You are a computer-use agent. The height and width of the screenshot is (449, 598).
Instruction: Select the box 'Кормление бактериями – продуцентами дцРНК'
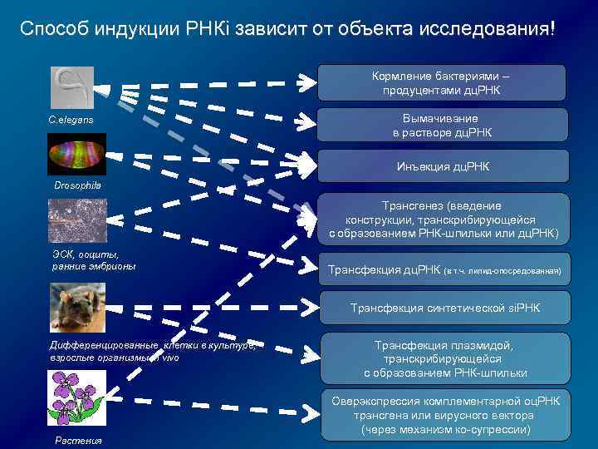[442, 83]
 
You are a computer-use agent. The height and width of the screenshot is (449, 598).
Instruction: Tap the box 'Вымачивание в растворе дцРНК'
[442, 126]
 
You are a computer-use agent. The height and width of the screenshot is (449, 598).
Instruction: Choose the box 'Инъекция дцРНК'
[442, 167]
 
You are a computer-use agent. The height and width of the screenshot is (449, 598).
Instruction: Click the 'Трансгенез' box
[442, 218]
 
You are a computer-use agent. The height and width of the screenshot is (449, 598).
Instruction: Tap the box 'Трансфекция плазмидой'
[443, 358]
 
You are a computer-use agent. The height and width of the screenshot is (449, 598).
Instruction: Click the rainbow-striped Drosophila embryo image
[76, 154]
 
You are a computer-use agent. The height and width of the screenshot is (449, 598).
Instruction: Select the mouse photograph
[76, 305]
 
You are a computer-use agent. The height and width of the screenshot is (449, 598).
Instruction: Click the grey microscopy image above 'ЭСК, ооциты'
[76, 220]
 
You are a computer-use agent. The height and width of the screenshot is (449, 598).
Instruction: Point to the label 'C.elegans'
[71, 121]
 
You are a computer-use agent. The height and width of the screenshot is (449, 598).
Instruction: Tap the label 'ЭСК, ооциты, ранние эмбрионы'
[91, 260]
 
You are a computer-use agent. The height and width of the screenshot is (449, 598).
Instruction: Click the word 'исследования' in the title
[491, 29]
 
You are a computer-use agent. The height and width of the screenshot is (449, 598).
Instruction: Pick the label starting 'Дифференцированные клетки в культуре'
[149, 351]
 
